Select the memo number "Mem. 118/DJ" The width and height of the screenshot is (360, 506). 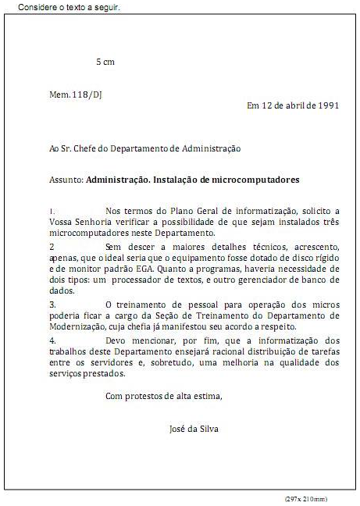[x=76, y=94]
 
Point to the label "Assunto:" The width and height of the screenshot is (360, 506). [x=66, y=179]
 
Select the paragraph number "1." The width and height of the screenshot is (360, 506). [x=52, y=211]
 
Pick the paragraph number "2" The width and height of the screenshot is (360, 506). [x=52, y=246]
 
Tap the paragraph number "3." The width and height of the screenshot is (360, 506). [x=52, y=303]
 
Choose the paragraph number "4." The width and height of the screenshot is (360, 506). [x=52, y=340]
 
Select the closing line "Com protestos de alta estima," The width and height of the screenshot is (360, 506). [x=163, y=396]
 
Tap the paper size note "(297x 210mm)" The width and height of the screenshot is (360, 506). [x=306, y=498]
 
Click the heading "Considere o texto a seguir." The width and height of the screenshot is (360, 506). [x=68, y=7]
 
